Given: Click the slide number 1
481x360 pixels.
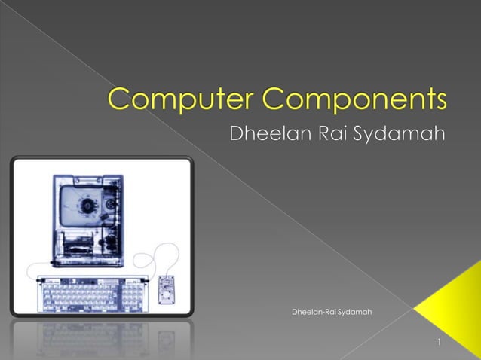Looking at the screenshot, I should [x=439, y=344].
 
